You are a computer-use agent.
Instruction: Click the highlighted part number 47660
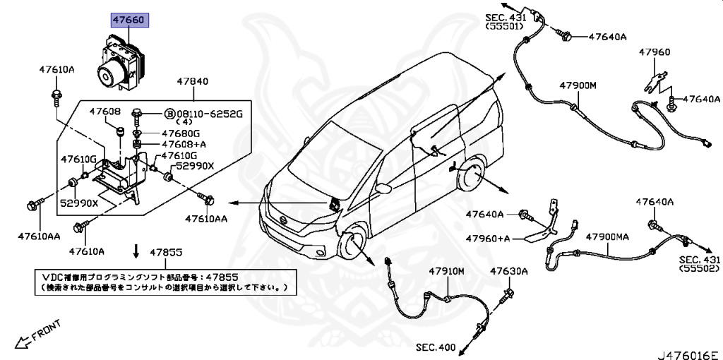tap(128, 20)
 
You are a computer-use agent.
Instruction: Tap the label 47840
tap(192, 81)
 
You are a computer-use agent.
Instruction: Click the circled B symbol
tap(169, 114)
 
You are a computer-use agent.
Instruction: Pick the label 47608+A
tap(181, 144)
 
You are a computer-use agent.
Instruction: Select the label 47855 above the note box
tap(166, 252)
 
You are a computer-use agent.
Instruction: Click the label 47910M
tap(446, 271)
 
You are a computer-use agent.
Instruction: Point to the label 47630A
tap(509, 271)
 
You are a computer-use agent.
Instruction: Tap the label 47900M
tap(578, 85)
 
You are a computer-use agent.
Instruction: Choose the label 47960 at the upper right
tap(655, 52)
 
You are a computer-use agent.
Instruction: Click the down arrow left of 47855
tap(136, 252)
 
